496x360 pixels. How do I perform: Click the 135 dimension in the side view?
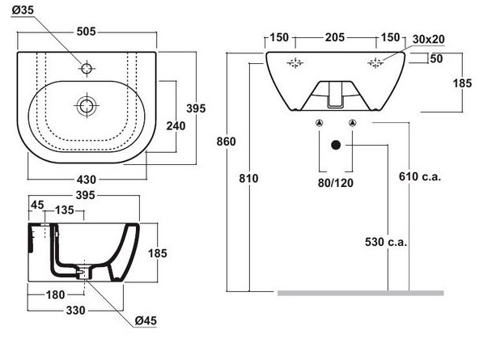tap(65, 211)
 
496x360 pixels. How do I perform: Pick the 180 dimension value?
tap(55, 294)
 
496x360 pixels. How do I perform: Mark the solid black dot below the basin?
tap(334, 146)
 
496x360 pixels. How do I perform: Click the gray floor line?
tap(360, 292)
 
